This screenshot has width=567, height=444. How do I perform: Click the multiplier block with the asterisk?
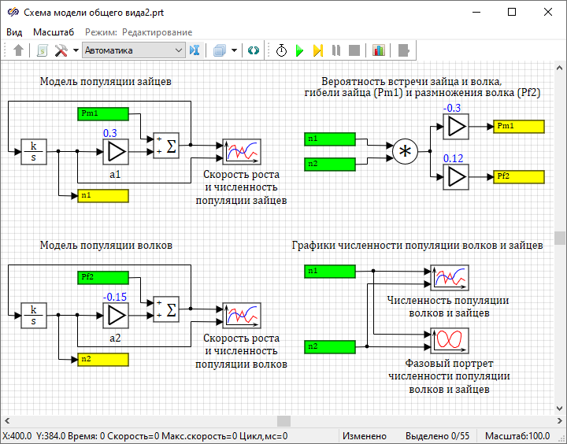tap(405, 151)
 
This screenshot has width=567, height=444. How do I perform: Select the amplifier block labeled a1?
tap(115, 151)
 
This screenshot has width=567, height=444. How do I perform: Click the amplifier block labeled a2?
tap(115, 314)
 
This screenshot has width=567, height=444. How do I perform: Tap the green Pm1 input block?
tap(103, 113)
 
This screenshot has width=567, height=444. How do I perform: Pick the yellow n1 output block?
tap(103, 194)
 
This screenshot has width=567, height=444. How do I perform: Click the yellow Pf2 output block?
tap(518, 176)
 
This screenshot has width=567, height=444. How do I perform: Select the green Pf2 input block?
tap(103, 277)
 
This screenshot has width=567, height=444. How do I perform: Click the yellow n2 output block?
tap(103, 359)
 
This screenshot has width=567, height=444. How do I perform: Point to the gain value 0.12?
tap(453, 159)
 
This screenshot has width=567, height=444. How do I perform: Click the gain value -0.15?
tap(115, 297)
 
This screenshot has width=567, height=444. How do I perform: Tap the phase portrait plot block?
tap(450, 339)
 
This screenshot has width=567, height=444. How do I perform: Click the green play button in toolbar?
tap(299, 50)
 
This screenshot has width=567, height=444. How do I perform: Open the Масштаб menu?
tap(54, 32)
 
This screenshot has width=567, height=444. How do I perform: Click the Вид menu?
tap(14, 32)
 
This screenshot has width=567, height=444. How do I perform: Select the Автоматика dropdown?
tap(133, 50)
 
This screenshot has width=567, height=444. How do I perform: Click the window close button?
tap(548, 12)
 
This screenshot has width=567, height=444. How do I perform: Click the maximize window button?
tap(512, 12)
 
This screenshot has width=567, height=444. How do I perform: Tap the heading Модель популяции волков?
tap(106, 246)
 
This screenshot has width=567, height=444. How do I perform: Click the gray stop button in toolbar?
tap(354, 50)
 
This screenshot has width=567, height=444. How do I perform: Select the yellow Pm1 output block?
tap(518, 127)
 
